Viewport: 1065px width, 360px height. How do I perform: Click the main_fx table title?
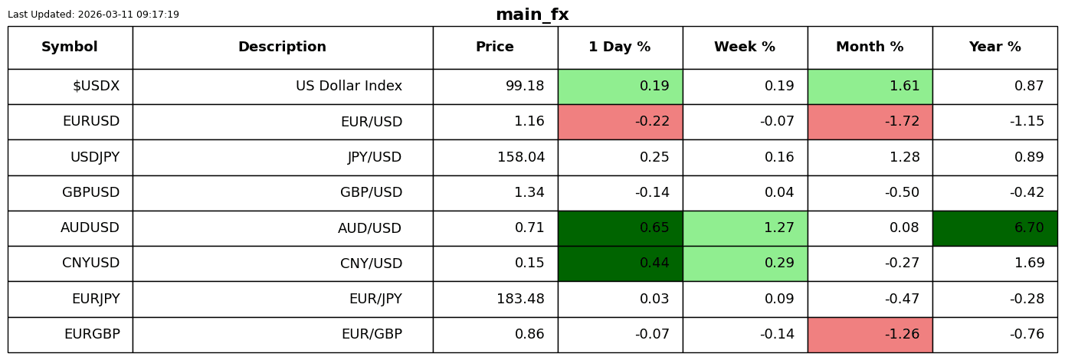(x=532, y=15)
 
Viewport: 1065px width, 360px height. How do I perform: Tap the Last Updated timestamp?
(x=93, y=15)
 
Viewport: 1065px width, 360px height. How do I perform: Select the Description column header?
(x=283, y=47)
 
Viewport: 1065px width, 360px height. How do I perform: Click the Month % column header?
(x=870, y=47)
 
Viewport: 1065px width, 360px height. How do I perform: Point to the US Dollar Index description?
(x=349, y=86)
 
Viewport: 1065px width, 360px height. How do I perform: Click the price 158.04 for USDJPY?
(x=520, y=156)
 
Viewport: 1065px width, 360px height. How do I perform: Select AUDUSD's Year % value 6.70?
(x=1029, y=227)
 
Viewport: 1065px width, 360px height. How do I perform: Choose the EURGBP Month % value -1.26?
(x=902, y=334)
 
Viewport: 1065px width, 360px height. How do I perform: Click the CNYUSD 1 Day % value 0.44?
(x=654, y=263)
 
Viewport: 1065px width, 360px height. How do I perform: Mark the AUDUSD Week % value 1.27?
(x=778, y=227)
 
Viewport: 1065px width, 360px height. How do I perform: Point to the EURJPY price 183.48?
(x=520, y=298)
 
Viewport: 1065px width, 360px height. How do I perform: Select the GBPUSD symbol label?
(x=91, y=192)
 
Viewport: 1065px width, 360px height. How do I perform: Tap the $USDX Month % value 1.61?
(x=904, y=86)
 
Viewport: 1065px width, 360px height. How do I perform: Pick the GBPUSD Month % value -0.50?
(x=902, y=192)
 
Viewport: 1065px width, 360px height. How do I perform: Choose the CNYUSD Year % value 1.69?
(x=1029, y=263)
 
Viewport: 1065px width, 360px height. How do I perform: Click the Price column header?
(x=495, y=47)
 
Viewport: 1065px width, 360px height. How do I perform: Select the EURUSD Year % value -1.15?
(x=1027, y=121)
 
